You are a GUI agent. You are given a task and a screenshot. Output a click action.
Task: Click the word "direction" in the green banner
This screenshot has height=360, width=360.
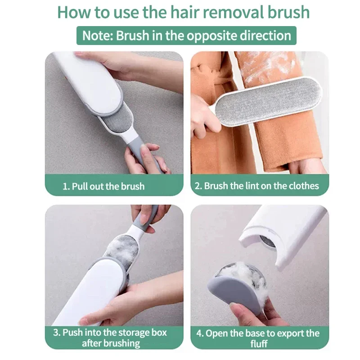point(265,36)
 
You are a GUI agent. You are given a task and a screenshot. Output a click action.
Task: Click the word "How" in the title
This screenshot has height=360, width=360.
point(72,12)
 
